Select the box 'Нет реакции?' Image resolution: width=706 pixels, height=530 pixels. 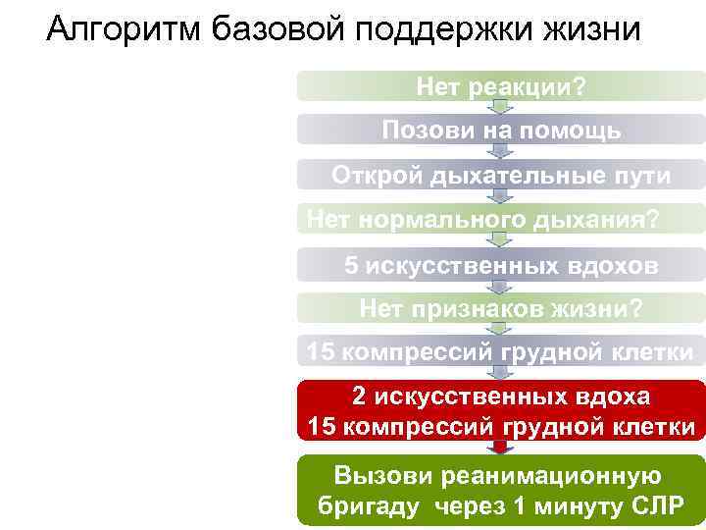[501, 87]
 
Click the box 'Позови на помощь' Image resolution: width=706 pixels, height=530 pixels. [501, 131]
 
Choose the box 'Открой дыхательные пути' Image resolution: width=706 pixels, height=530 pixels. [501, 175]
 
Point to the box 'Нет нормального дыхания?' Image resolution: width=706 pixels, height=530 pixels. [501, 218]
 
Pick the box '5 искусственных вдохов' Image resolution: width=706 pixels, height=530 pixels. [501, 265]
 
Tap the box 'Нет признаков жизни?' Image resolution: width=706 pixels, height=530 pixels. [501, 309]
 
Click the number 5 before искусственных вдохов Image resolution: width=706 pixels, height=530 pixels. [351, 265]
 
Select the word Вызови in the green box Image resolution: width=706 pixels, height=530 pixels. [383, 476]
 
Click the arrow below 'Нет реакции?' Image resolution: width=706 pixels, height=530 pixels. [501, 107]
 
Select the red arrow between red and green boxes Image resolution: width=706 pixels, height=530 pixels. [501, 448]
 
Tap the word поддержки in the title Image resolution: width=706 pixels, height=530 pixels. [428, 28]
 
